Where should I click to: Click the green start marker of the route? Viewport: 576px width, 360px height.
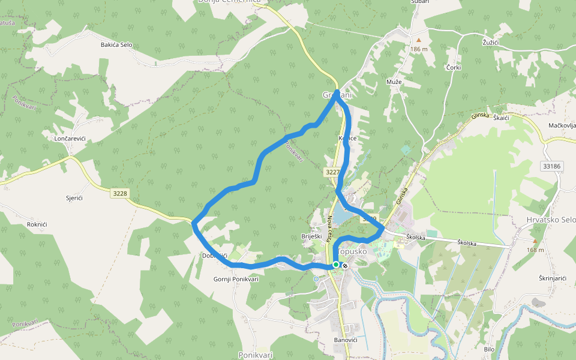click(x=336, y=264)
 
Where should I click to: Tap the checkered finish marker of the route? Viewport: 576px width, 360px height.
click(x=345, y=265)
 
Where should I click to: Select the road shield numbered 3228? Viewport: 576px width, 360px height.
click(x=120, y=193)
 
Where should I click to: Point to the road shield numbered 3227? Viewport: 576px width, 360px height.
click(x=333, y=172)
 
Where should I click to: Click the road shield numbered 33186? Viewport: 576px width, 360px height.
click(x=551, y=166)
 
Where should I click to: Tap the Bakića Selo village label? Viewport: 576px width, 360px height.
click(x=116, y=45)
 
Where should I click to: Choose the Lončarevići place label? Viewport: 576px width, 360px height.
click(x=70, y=139)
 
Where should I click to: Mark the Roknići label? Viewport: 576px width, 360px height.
click(x=37, y=224)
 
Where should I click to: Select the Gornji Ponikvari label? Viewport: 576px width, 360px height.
click(x=236, y=279)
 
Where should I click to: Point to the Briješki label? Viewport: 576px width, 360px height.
click(x=312, y=236)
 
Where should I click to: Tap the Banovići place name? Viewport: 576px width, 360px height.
click(x=346, y=340)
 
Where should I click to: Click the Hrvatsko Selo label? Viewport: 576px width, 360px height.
click(x=550, y=220)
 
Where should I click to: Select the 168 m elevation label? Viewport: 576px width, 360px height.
click(x=536, y=250)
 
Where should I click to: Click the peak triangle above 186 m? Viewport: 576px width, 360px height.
click(x=419, y=41)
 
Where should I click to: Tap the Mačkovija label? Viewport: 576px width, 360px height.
click(x=562, y=125)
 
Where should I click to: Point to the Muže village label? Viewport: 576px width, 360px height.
click(x=394, y=82)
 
